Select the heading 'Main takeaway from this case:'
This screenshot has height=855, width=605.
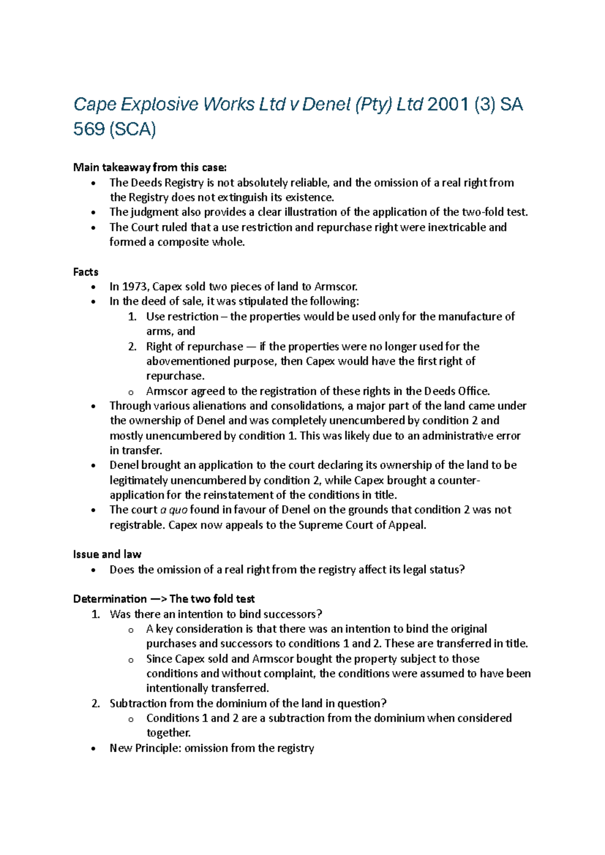tap(150, 167)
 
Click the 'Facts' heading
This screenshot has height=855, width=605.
tap(86, 272)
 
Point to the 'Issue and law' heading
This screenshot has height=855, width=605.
tap(107, 555)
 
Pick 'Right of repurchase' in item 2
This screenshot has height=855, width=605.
tap(194, 346)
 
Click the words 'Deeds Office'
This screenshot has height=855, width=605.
tap(456, 391)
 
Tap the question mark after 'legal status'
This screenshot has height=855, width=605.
tap(462, 570)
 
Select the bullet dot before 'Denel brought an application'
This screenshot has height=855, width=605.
tap(93, 466)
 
